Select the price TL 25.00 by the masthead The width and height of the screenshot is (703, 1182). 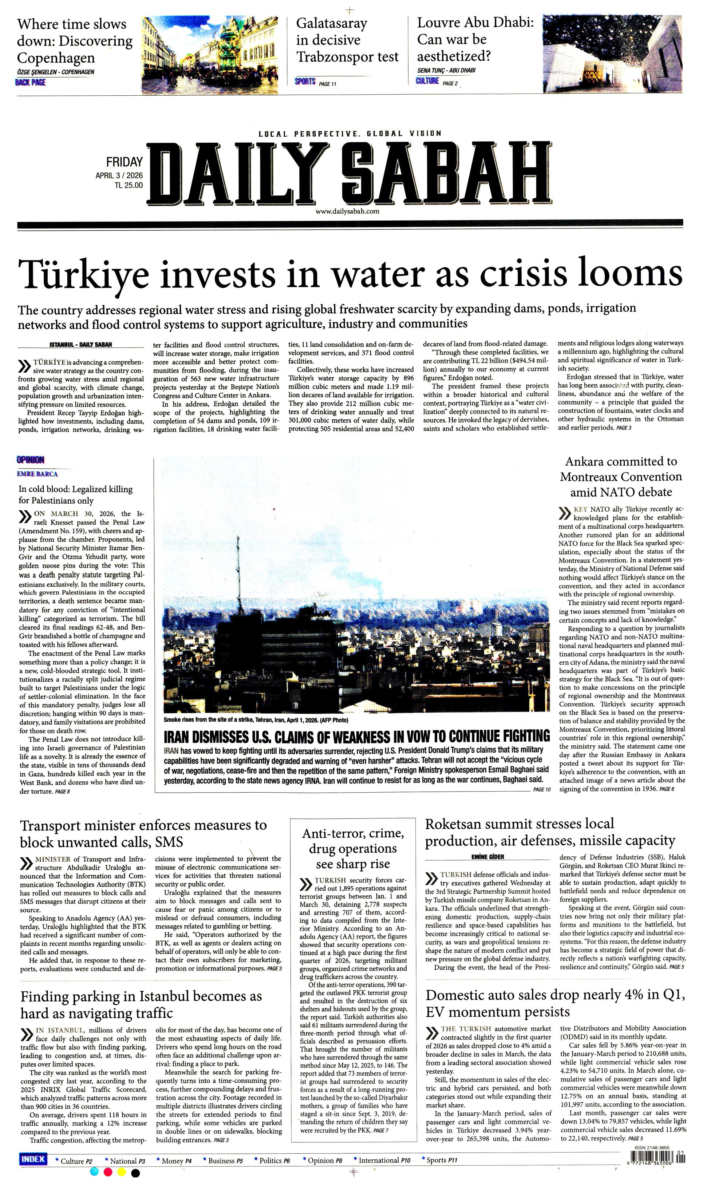click(x=128, y=186)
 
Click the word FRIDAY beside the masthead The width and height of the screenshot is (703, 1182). click(x=124, y=162)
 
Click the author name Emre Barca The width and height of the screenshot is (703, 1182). click(x=37, y=473)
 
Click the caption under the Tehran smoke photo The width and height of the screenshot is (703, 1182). click(x=256, y=720)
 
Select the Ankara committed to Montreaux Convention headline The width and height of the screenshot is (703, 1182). click(x=621, y=477)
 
